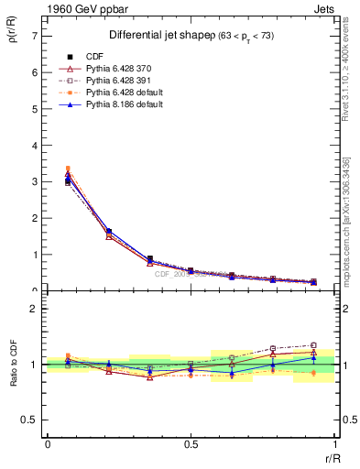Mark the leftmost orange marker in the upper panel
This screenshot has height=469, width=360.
[68, 169]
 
